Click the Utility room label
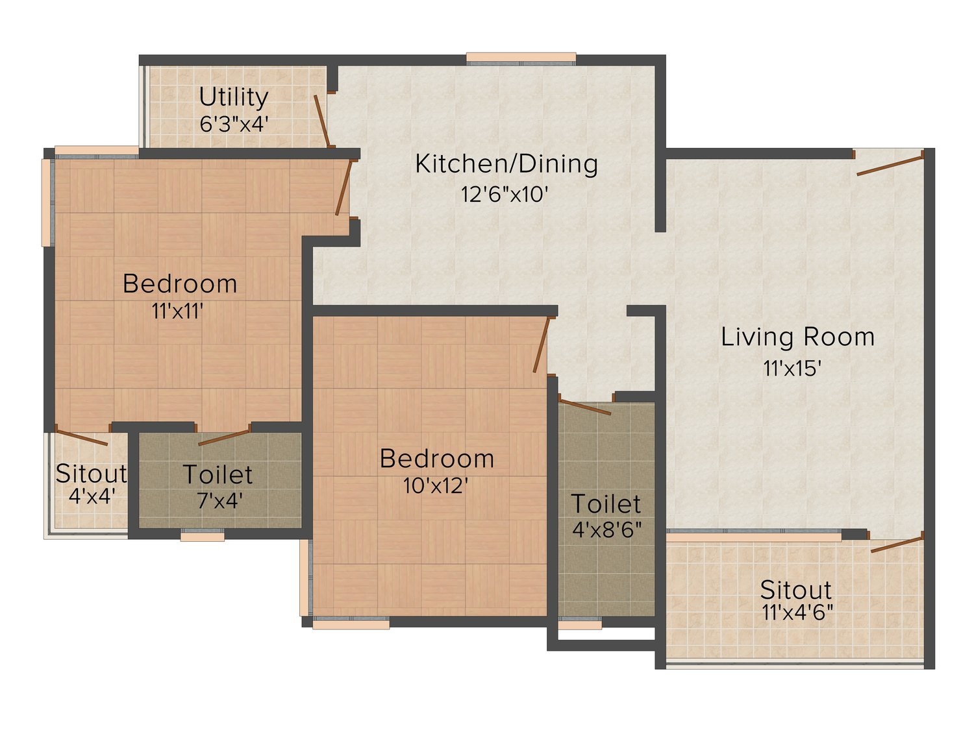(233, 97)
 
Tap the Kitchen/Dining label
(506, 164)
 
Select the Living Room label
(797, 337)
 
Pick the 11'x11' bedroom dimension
(177, 311)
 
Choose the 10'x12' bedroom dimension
(435, 486)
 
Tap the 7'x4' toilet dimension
(219, 501)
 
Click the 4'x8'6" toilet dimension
(606, 529)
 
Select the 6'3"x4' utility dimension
(234, 124)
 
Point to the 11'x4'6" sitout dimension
(797, 613)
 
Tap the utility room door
(321, 121)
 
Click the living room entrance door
(890, 165)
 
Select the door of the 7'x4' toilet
(224, 437)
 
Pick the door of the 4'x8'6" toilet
(584, 407)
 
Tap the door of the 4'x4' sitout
(82, 437)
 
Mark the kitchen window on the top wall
(521, 59)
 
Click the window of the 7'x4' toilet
(203, 536)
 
